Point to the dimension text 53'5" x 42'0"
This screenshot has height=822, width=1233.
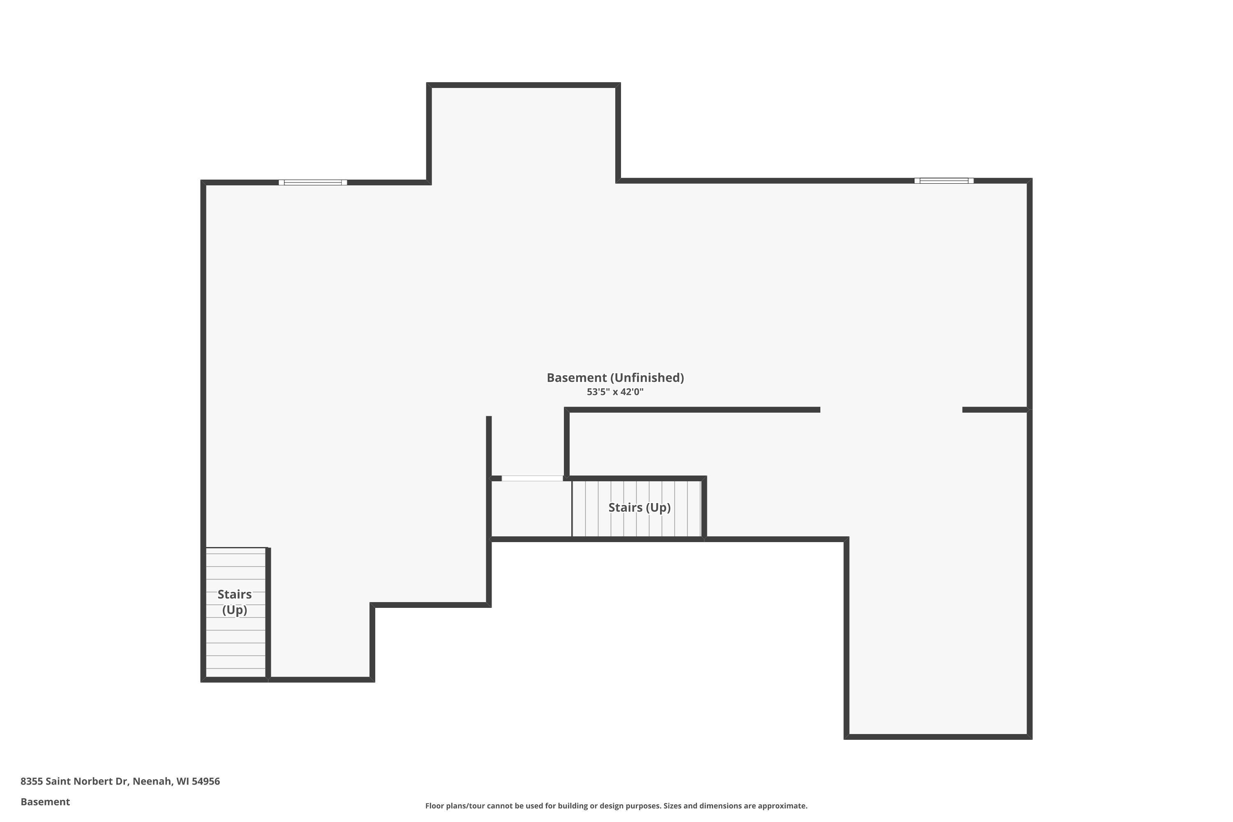(x=615, y=392)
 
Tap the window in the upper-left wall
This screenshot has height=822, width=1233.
(x=312, y=182)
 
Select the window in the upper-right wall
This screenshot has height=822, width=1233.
(x=944, y=181)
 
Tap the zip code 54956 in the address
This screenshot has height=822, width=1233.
(x=205, y=781)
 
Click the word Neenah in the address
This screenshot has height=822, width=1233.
(x=152, y=781)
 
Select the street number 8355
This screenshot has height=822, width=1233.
(x=32, y=781)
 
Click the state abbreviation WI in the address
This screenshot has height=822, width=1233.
(x=182, y=781)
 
